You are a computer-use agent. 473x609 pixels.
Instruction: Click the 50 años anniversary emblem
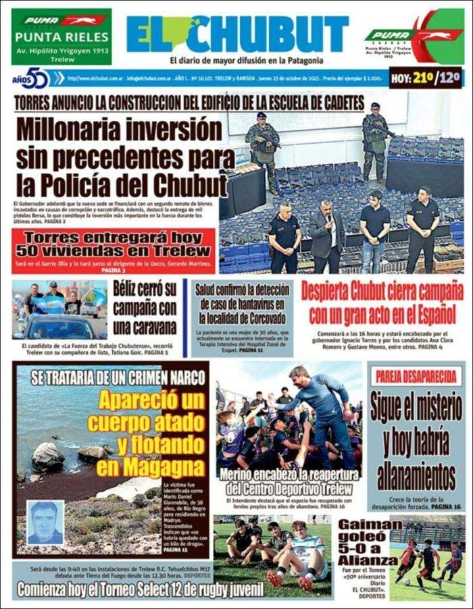coord(32,78)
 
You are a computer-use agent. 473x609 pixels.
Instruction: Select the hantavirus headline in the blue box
coord(242,305)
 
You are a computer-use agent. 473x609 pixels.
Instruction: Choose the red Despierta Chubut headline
coord(382,304)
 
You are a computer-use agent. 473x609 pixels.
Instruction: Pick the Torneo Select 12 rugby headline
coord(140,589)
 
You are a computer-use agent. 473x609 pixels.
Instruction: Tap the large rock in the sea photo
coord(48,457)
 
